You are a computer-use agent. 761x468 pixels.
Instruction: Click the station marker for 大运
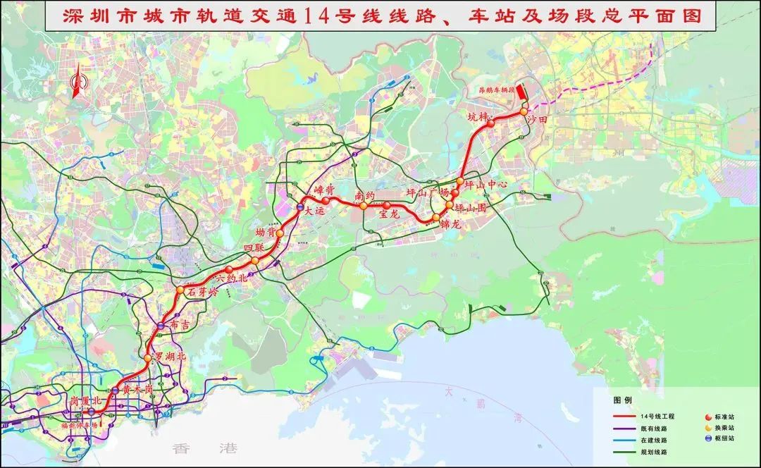pos(300,208)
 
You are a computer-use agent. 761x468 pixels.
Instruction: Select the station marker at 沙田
pos(524,111)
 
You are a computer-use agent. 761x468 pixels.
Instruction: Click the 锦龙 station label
pos(450,225)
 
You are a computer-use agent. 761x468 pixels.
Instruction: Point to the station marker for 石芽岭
pos(180,290)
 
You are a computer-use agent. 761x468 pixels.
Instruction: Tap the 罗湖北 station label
pos(171,357)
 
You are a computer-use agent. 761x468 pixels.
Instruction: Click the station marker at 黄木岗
pos(116,390)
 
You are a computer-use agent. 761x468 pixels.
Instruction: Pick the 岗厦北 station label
pos(86,400)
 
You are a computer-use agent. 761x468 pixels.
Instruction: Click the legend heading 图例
pos(623,400)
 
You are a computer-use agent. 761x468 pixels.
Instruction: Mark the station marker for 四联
pos(254,261)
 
